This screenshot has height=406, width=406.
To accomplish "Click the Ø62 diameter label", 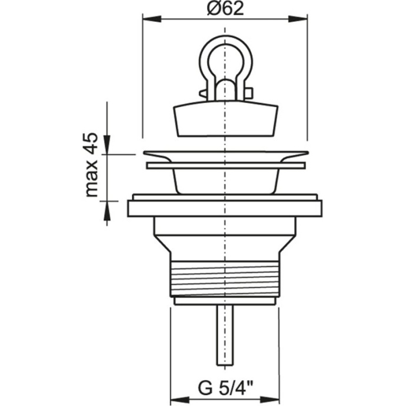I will [225, 9].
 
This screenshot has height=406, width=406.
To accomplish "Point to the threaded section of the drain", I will [224, 277].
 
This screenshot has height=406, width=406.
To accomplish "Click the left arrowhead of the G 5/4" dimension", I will [177, 388].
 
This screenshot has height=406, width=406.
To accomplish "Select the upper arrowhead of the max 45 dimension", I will [107, 145].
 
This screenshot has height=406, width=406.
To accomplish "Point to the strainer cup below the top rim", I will [224, 181].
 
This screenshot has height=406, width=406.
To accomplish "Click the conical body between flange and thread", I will [224, 235].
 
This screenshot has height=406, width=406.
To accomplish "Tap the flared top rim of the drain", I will [224, 155].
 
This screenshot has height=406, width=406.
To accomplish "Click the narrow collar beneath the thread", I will [224, 301].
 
